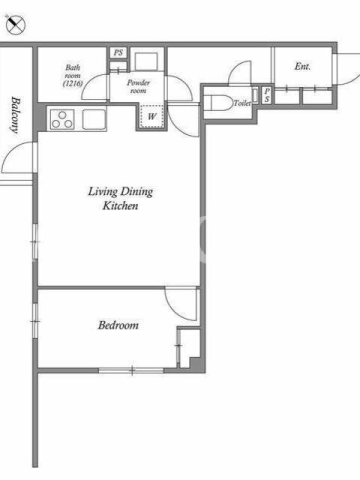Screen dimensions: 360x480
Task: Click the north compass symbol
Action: tap(15, 24)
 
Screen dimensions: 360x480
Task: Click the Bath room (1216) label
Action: tap(73, 76)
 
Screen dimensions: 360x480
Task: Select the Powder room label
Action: tap(139, 86)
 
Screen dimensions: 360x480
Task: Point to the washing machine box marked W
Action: tap(152, 116)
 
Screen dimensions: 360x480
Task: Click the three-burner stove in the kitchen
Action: tap(62, 119)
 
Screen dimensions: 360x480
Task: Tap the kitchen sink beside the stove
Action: tap(94, 119)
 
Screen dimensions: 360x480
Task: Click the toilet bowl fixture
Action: tap(218, 103)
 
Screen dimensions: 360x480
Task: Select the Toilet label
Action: tap(242, 103)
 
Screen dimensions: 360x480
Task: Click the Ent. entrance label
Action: tap(302, 66)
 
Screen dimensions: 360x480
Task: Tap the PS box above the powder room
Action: tap(118, 53)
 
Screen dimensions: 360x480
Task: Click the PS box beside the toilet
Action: tap(267, 95)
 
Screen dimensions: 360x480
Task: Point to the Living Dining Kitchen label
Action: tap(121, 199)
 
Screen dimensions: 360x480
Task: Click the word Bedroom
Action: tap(118, 325)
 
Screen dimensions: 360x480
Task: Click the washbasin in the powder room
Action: tap(146, 61)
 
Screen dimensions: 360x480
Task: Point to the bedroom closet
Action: tap(190, 348)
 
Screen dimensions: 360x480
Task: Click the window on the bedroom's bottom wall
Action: tap(131, 370)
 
